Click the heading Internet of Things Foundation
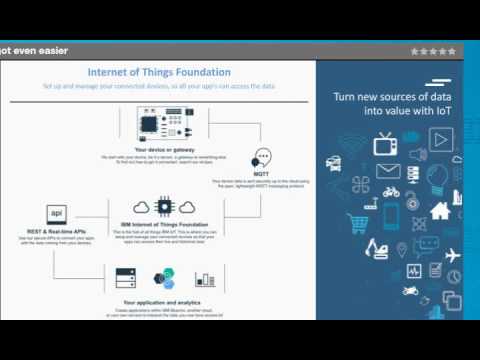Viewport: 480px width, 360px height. [159, 72]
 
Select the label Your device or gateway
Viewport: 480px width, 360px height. [160, 149]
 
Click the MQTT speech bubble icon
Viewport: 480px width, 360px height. [262, 158]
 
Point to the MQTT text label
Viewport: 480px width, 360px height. [262, 174]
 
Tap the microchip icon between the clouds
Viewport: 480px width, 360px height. [160, 206]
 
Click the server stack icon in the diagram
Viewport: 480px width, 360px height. [125, 277]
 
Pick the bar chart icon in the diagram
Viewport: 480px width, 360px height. [205, 277]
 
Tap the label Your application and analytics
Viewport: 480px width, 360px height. [160, 301]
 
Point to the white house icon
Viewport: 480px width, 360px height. [439, 211]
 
